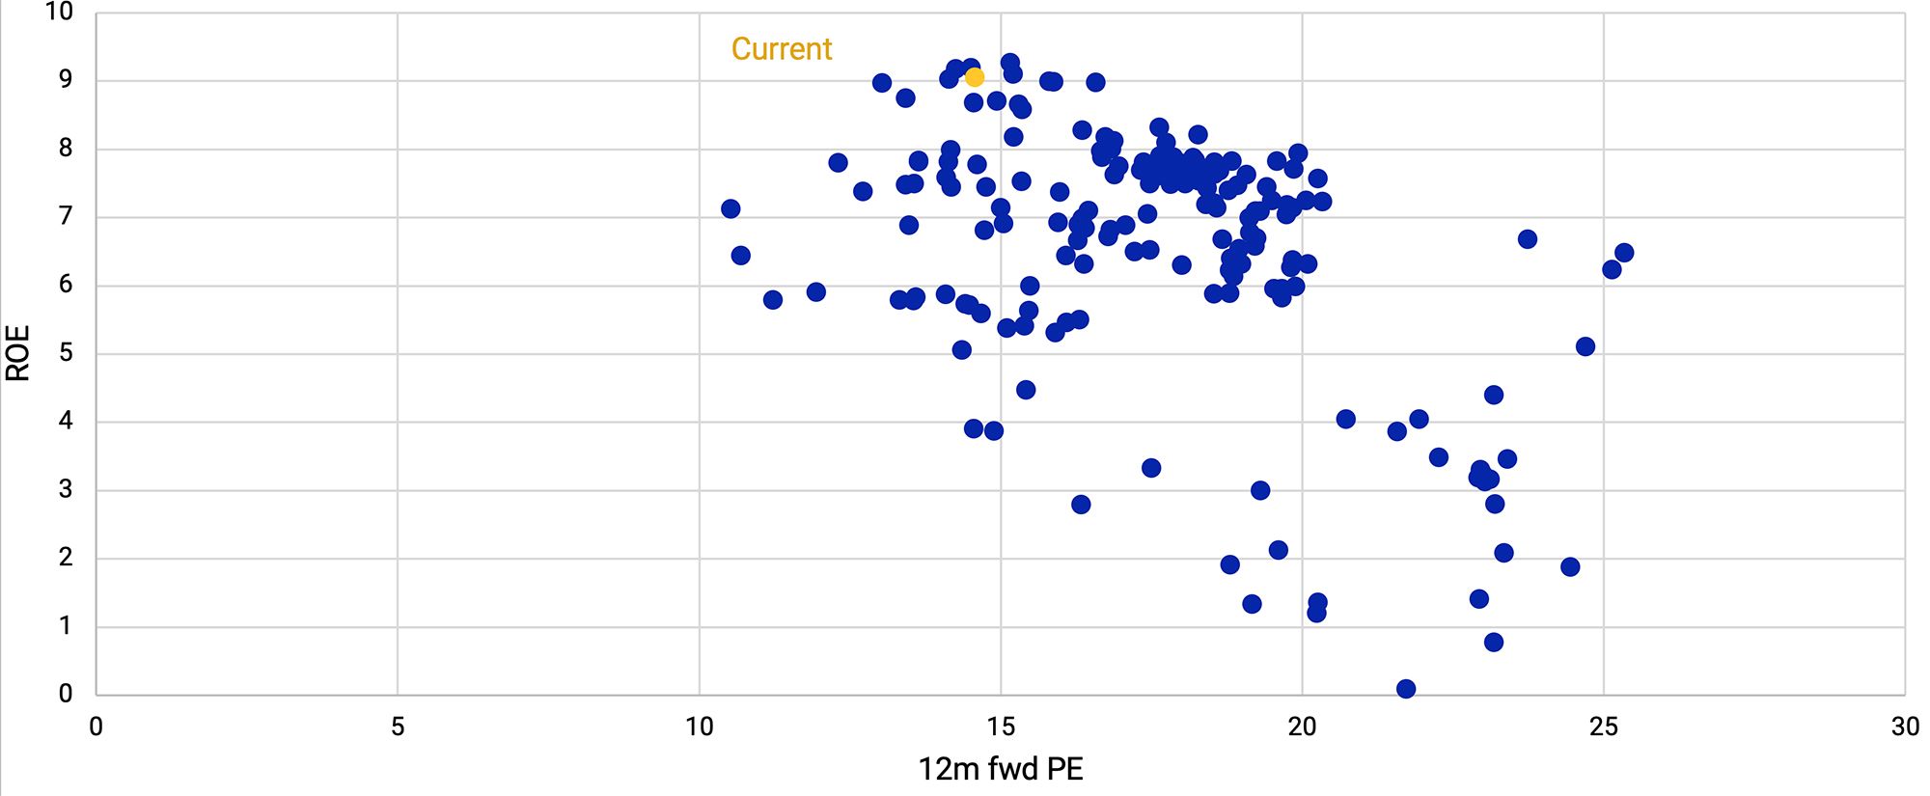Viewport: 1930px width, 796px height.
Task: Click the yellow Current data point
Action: pos(975,77)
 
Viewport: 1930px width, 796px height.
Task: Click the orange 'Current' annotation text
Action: pos(782,49)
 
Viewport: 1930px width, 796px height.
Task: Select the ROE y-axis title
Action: pos(18,353)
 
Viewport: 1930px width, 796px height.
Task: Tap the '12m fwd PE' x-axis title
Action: pos(1001,769)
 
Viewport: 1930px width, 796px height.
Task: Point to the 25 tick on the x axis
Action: pos(1603,727)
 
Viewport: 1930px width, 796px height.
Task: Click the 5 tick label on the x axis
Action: pos(398,727)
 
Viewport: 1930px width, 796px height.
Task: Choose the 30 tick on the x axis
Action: pos(1904,727)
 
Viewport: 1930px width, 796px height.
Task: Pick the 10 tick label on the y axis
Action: pos(59,13)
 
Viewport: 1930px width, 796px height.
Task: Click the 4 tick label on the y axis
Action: pos(66,421)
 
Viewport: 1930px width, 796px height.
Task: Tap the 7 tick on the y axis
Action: pos(66,216)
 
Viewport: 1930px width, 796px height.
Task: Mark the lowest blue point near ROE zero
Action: pos(1406,689)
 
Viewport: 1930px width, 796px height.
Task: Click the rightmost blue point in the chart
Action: pos(1624,253)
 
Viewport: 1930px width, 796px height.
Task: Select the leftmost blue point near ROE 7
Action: pos(731,209)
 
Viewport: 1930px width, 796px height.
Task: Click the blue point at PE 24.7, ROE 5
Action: pos(1585,346)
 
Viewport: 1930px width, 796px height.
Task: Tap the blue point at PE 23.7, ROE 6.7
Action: pos(1528,239)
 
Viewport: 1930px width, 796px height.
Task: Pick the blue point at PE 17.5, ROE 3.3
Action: pos(1151,468)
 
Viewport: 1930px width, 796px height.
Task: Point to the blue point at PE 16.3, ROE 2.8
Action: pos(1081,505)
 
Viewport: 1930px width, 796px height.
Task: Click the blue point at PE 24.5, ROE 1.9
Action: pos(1570,567)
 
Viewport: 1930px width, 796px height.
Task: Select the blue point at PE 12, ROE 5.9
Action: pos(816,292)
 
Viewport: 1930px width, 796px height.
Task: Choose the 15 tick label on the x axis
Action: pos(1001,727)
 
